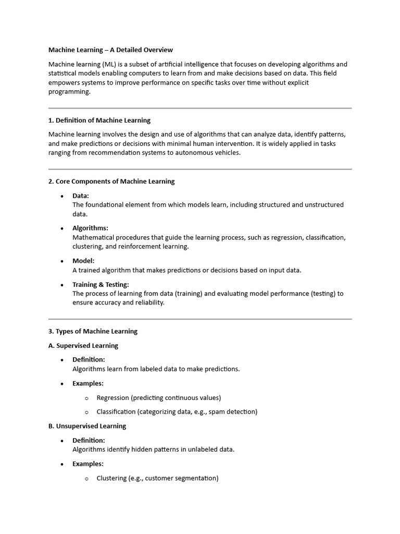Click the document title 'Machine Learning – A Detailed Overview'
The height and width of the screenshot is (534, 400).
(x=110, y=50)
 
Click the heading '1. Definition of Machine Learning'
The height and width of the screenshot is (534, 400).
(x=99, y=120)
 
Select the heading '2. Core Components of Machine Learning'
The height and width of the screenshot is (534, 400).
(x=111, y=181)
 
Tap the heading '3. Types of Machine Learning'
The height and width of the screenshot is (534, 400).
(x=93, y=331)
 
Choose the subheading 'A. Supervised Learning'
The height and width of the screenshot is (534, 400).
(x=83, y=346)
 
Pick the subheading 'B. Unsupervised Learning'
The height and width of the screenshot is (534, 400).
(x=87, y=426)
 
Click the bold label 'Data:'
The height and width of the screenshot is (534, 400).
(x=81, y=196)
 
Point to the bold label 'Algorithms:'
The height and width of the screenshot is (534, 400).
(x=90, y=228)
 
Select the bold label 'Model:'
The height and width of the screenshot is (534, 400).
(x=83, y=261)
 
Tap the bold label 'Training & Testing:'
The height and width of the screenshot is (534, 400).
(x=101, y=285)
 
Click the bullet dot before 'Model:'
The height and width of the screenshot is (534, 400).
(x=62, y=261)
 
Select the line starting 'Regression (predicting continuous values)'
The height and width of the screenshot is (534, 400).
(x=159, y=398)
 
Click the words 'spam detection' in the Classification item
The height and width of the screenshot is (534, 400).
(x=232, y=412)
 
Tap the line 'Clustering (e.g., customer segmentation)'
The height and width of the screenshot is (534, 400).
(x=157, y=478)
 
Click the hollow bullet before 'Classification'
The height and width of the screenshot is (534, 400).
(x=86, y=412)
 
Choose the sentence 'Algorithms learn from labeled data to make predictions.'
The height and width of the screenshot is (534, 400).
(x=156, y=369)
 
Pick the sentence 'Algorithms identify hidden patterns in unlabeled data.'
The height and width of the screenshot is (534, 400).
(x=153, y=450)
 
